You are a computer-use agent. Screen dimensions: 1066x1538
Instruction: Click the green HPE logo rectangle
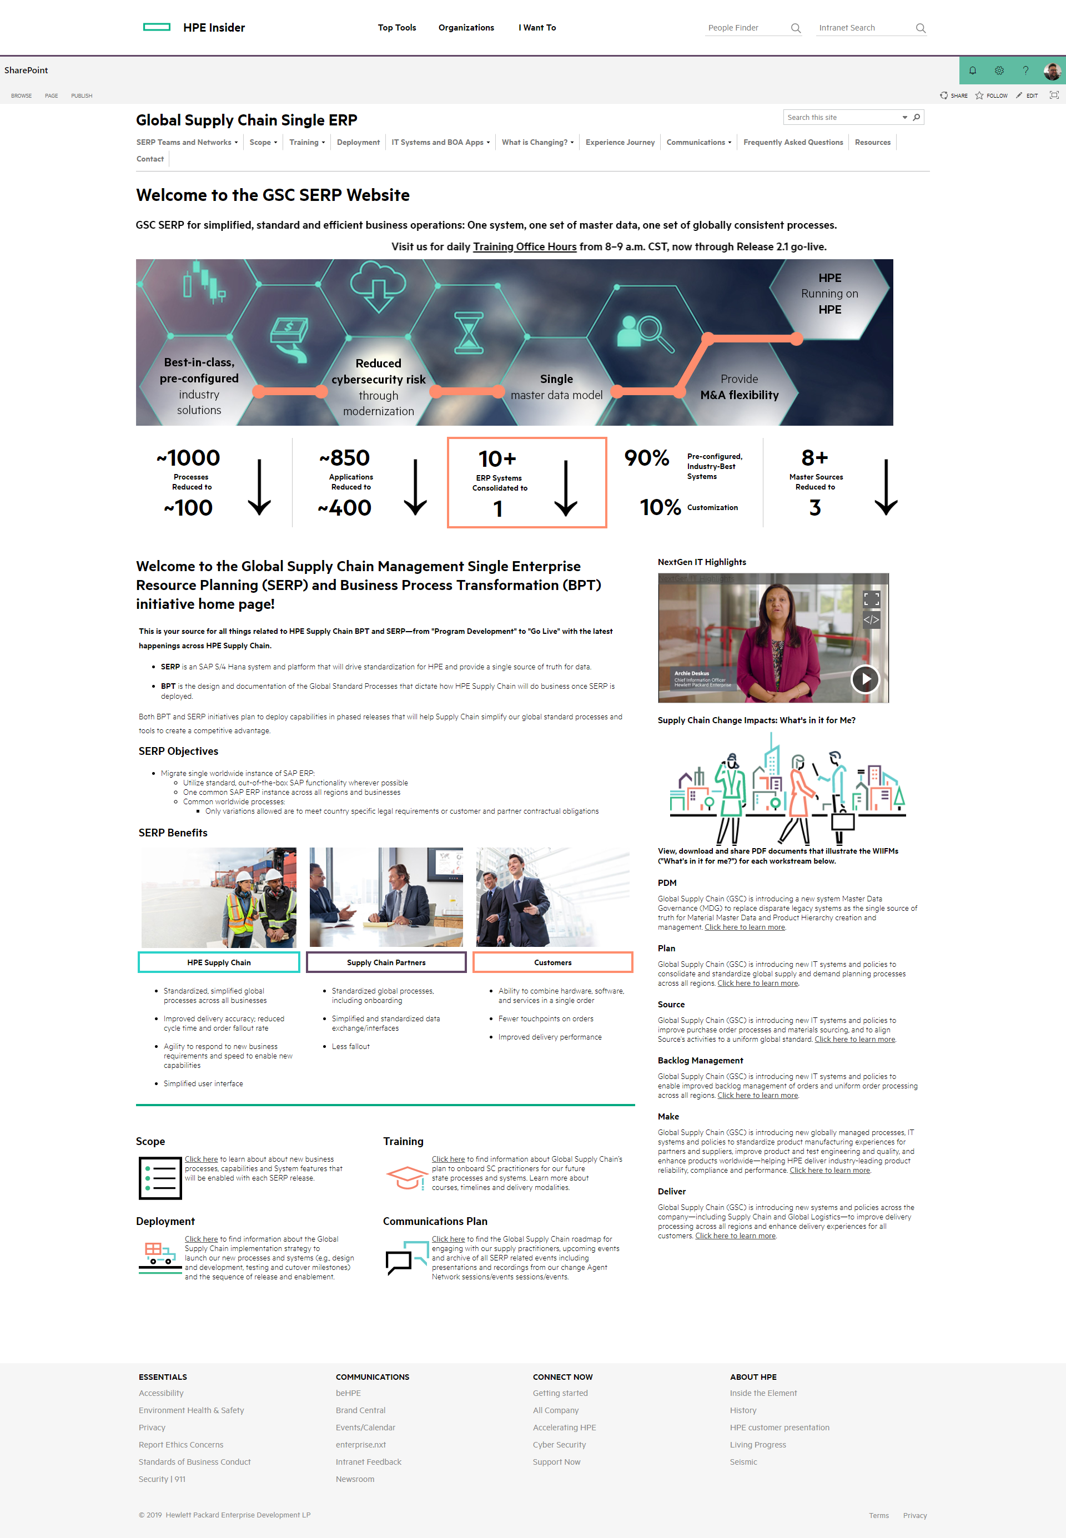point(157,27)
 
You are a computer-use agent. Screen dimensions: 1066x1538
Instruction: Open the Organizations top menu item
point(466,27)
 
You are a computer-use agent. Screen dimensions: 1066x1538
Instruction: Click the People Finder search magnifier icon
point(796,28)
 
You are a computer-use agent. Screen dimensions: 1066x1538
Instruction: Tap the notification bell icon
point(973,70)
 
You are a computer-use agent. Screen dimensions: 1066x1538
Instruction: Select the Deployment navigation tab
point(358,142)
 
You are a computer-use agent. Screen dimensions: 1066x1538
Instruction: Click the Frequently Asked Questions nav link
point(793,142)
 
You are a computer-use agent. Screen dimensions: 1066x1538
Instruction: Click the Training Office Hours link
point(524,247)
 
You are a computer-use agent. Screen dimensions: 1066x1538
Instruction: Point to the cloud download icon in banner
point(378,286)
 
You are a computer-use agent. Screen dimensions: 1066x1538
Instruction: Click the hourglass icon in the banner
point(469,332)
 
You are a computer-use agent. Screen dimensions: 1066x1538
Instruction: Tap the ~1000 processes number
point(188,458)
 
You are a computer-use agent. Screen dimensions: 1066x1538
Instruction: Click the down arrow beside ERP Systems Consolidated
point(566,488)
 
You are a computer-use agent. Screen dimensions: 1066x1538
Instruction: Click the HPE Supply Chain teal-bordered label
point(218,962)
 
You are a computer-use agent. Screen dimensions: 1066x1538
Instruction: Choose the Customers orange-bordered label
point(552,962)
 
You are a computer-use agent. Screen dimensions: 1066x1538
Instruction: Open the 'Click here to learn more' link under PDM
point(745,927)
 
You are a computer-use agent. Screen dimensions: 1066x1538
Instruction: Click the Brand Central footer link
point(361,1410)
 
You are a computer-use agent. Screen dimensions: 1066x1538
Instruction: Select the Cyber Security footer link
point(559,1445)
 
